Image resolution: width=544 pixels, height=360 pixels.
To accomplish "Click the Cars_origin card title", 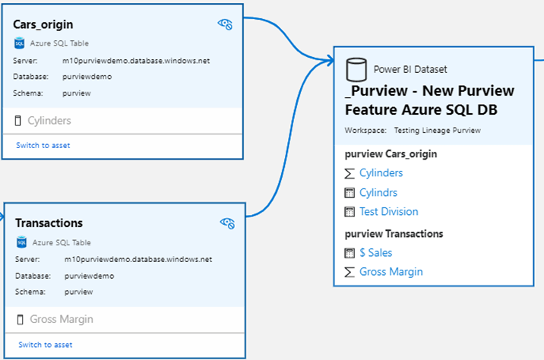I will [x=43, y=24].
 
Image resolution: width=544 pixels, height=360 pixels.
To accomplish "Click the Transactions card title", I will [x=49, y=223].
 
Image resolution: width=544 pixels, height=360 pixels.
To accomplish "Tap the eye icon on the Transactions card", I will [x=227, y=223].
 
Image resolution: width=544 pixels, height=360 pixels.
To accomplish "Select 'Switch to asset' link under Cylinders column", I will [x=43, y=145].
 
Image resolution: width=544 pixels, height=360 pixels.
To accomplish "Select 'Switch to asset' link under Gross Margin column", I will [x=46, y=344].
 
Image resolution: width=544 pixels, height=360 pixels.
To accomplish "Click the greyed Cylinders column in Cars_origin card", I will [x=49, y=120].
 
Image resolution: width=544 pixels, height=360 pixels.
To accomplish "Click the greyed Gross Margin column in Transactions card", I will [x=61, y=319].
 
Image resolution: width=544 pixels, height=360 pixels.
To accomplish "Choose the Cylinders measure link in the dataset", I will [x=381, y=172].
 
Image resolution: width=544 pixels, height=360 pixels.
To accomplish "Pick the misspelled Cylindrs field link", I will [x=378, y=192].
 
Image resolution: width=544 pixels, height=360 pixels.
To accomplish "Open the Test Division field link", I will [x=388, y=211].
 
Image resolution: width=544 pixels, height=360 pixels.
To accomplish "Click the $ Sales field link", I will [x=375, y=252].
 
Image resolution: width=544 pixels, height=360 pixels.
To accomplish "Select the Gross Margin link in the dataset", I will [x=391, y=271].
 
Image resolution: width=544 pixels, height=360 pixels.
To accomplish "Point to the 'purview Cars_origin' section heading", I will [x=391, y=154].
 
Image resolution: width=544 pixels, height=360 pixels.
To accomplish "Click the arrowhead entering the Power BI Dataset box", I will [x=329, y=59].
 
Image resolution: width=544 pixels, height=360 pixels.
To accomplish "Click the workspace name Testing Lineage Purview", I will [x=437, y=131].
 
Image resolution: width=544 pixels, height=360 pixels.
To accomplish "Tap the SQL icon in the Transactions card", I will [x=21, y=243].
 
